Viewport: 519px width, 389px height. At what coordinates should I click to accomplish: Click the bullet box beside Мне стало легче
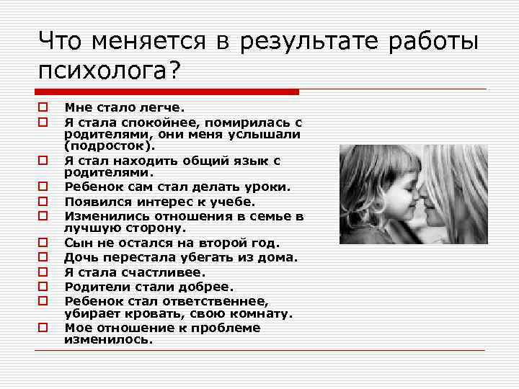pyautogui.click(x=43, y=107)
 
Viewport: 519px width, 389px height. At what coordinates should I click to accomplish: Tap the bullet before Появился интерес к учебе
pyautogui.click(x=43, y=202)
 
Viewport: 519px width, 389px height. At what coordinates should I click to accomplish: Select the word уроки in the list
pyautogui.click(x=266, y=187)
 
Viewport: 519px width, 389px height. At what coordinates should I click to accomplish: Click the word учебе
pyautogui.click(x=234, y=202)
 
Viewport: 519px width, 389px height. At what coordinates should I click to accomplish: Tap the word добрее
pyautogui.click(x=210, y=287)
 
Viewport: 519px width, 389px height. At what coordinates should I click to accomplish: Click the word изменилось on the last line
pyautogui.click(x=109, y=341)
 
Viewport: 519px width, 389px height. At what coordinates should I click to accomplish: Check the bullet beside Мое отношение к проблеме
pyautogui.click(x=43, y=328)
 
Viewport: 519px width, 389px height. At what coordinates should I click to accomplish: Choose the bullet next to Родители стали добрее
pyautogui.click(x=43, y=287)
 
